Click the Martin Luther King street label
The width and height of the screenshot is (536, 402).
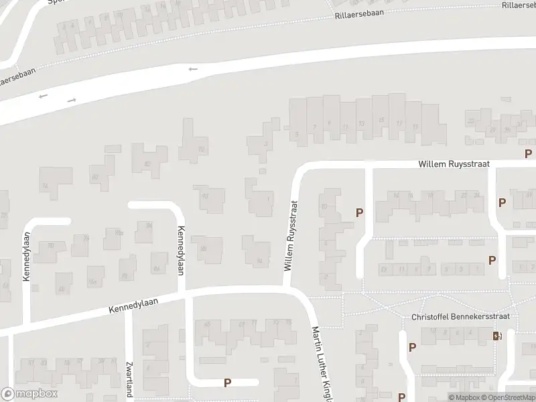322,365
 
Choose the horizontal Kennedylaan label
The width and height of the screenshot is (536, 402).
133,307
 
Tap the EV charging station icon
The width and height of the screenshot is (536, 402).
496,336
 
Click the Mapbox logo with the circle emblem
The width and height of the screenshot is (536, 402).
29,394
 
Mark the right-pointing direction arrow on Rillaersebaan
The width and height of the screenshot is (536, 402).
72,100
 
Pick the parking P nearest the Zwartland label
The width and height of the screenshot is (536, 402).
227,383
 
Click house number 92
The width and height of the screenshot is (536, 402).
201,149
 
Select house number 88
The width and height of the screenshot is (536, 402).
203,249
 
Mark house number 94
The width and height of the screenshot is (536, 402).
259,261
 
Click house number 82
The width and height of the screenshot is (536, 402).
147,164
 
